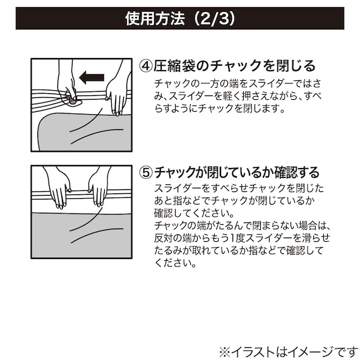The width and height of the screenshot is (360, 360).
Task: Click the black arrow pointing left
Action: (x=91, y=78)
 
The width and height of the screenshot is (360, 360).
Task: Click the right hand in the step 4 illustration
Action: (x=117, y=95)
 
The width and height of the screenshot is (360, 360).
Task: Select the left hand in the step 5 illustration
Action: (x=59, y=188)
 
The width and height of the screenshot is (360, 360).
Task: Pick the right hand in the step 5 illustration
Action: (x=99, y=188)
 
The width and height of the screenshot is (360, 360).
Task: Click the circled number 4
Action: (x=146, y=66)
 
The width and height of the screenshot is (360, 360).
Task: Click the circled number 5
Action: (x=146, y=172)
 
